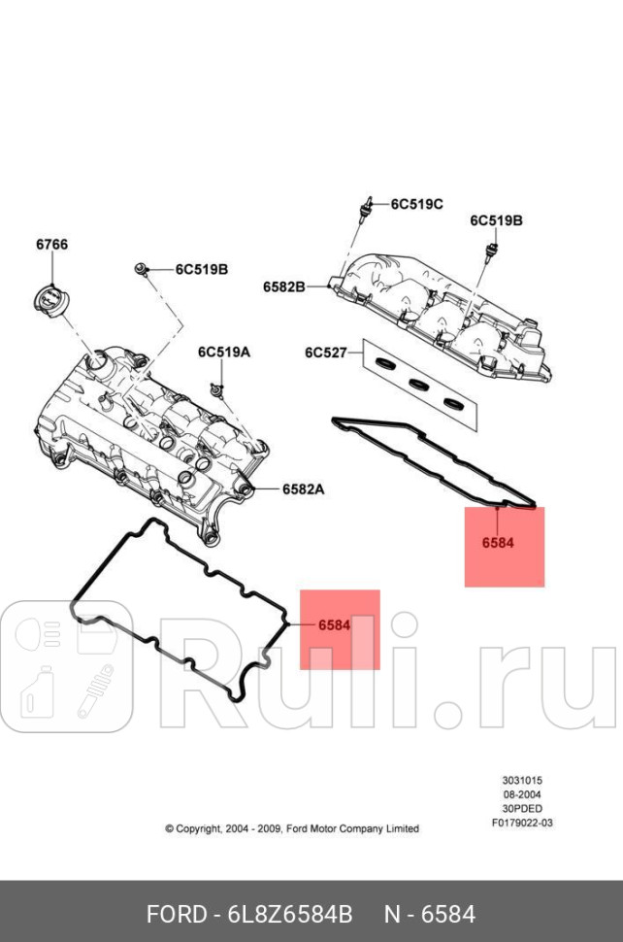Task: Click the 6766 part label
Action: click(x=52, y=244)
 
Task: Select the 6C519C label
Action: click(x=417, y=204)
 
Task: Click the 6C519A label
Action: click(x=224, y=352)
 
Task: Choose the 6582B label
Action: click(x=283, y=286)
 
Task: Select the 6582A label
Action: click(x=303, y=489)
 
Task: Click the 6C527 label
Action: click(x=325, y=353)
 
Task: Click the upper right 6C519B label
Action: click(x=497, y=220)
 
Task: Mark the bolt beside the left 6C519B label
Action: click(x=143, y=268)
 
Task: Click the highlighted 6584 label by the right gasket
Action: click(x=498, y=543)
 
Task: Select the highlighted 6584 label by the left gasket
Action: click(x=334, y=624)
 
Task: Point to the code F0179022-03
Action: click(x=522, y=823)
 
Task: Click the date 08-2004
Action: click(x=522, y=793)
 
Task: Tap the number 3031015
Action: click(x=522, y=780)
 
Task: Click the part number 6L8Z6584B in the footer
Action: click(x=291, y=915)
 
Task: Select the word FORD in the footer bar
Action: click(x=177, y=915)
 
